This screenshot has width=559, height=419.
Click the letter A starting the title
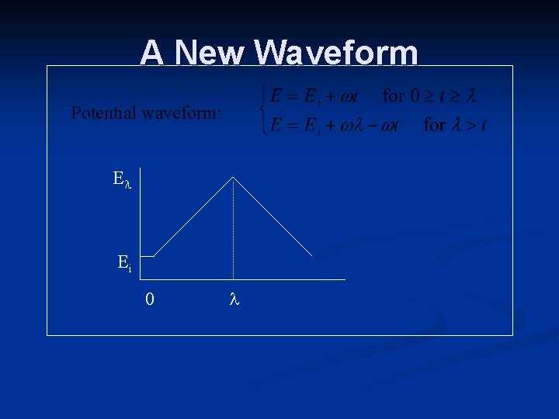coord(151,53)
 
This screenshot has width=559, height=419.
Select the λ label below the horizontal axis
coord(234,299)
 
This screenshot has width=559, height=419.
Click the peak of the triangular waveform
coord(233,178)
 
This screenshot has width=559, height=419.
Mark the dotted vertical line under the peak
coord(233,233)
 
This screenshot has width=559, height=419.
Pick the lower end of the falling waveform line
coord(312,255)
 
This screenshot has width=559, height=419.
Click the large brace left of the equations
coord(265,110)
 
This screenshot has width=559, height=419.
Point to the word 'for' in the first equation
coord(394,96)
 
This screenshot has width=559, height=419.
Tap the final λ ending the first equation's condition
coord(469,96)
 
